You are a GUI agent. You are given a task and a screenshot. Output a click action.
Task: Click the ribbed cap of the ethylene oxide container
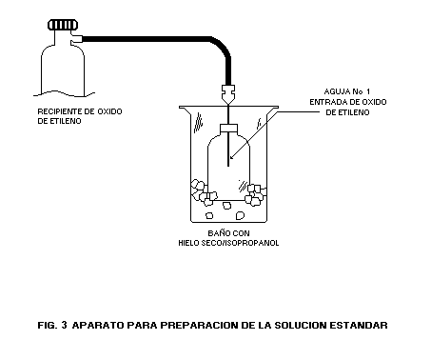(63, 25)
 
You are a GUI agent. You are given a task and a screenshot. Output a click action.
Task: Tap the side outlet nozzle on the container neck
(77, 39)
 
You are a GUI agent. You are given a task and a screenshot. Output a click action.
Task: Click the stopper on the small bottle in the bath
(228, 129)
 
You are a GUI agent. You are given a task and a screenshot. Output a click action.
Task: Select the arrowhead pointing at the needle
(232, 156)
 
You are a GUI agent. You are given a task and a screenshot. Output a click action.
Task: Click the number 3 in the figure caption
(64, 325)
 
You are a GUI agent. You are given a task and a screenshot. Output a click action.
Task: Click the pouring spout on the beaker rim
(185, 110)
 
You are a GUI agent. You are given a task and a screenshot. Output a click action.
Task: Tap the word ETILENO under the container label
(64, 121)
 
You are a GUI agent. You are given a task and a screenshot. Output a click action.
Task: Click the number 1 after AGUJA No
(367, 91)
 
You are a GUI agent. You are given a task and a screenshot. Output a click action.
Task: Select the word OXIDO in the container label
(109, 111)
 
